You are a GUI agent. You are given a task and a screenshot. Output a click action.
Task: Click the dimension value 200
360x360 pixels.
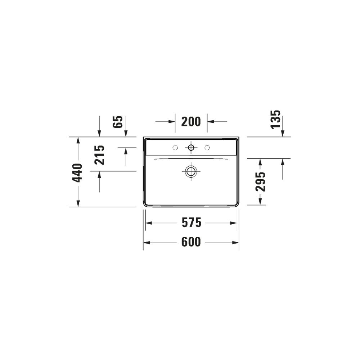[x=191, y=122]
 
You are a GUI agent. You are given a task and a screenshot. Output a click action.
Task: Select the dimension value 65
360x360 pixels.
[x=118, y=122]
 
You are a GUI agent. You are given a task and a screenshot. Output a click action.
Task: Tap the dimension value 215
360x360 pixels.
[x=100, y=155]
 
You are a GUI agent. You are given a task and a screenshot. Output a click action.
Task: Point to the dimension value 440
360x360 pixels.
[x=77, y=173]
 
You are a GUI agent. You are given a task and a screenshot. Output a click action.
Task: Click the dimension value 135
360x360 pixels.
[x=276, y=120]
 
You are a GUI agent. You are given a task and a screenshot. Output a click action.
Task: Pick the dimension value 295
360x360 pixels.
[x=261, y=181]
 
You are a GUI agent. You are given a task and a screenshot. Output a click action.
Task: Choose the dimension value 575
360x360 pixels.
[x=192, y=223]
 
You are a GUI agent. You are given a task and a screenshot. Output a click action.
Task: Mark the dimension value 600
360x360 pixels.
[x=191, y=242]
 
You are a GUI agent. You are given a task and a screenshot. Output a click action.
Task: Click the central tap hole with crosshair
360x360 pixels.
[x=191, y=147]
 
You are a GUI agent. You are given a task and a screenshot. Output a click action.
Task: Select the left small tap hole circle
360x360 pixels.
[x=175, y=148]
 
